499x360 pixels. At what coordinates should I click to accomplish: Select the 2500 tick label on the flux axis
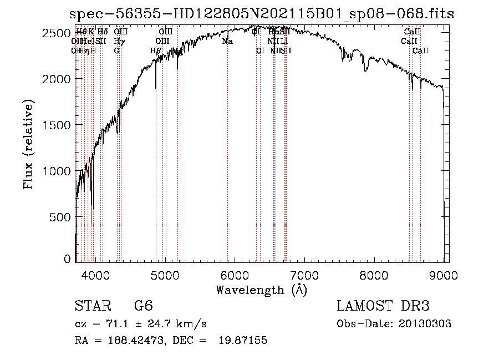tap(58, 33)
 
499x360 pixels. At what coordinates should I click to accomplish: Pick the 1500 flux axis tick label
tap(58, 125)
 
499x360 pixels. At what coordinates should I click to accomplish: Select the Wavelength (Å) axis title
tap(261, 290)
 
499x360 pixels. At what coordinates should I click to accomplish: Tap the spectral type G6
tap(144, 306)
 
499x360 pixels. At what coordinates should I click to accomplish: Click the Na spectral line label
tap(227, 41)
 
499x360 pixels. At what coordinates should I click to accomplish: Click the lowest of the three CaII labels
tap(420, 50)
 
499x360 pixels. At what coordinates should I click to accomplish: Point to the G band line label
tap(117, 50)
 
